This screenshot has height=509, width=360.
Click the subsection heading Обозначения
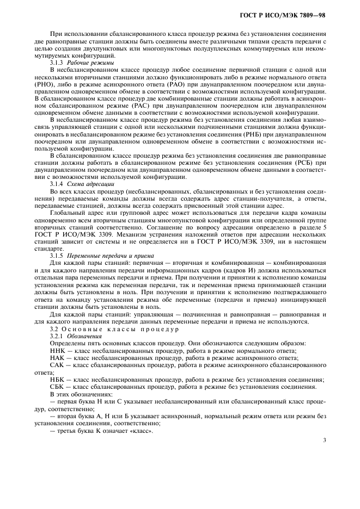click(83, 337)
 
